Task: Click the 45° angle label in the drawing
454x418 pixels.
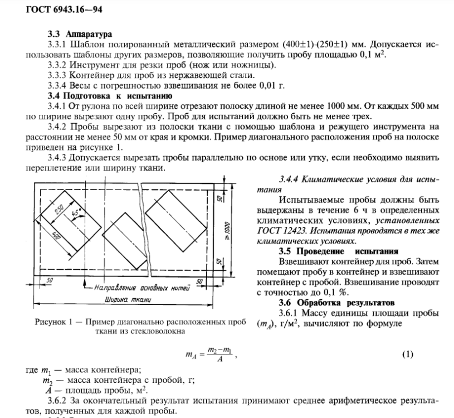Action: pos(77,213)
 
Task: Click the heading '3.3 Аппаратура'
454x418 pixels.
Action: pos(73,35)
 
